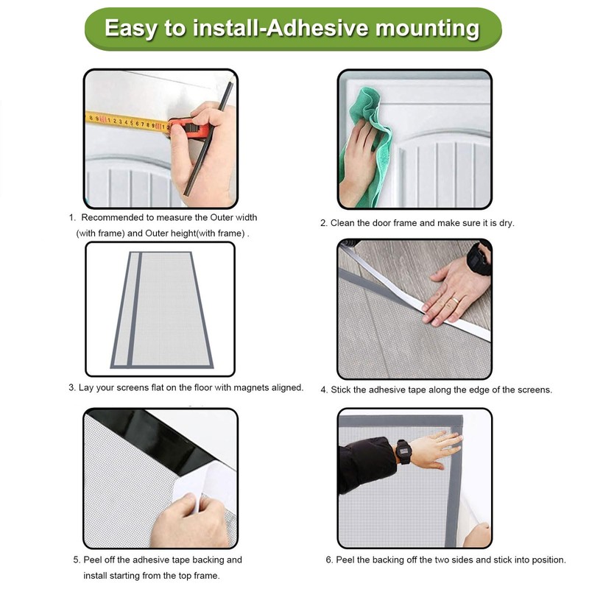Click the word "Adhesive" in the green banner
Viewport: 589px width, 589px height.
[x=317, y=28]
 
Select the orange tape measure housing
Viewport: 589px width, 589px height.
[x=190, y=127]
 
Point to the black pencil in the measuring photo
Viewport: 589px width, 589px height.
[x=208, y=138]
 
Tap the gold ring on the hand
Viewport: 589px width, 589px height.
[x=455, y=300]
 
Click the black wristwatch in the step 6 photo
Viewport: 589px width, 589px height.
[x=403, y=451]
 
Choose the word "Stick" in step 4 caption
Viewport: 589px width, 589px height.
[x=340, y=390]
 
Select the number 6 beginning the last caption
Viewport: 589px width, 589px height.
[x=328, y=560]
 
